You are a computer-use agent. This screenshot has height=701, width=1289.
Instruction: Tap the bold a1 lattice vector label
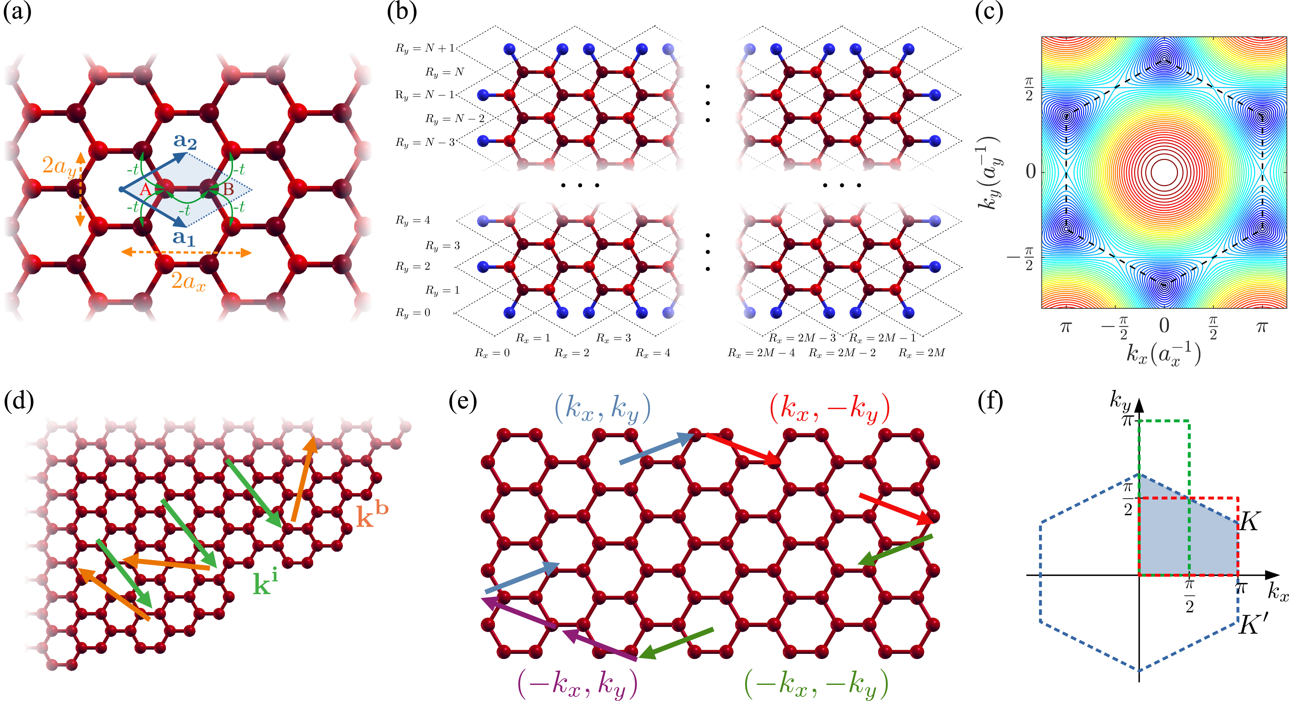point(183,238)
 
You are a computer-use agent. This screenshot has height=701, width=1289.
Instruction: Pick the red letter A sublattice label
point(145,190)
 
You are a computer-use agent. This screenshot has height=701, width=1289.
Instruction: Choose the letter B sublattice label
point(228,190)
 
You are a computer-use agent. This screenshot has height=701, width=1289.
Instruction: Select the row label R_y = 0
point(413,313)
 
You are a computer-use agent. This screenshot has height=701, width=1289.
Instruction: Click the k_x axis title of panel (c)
point(1163,354)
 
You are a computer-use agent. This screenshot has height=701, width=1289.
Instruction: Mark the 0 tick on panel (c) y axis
point(1031,172)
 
